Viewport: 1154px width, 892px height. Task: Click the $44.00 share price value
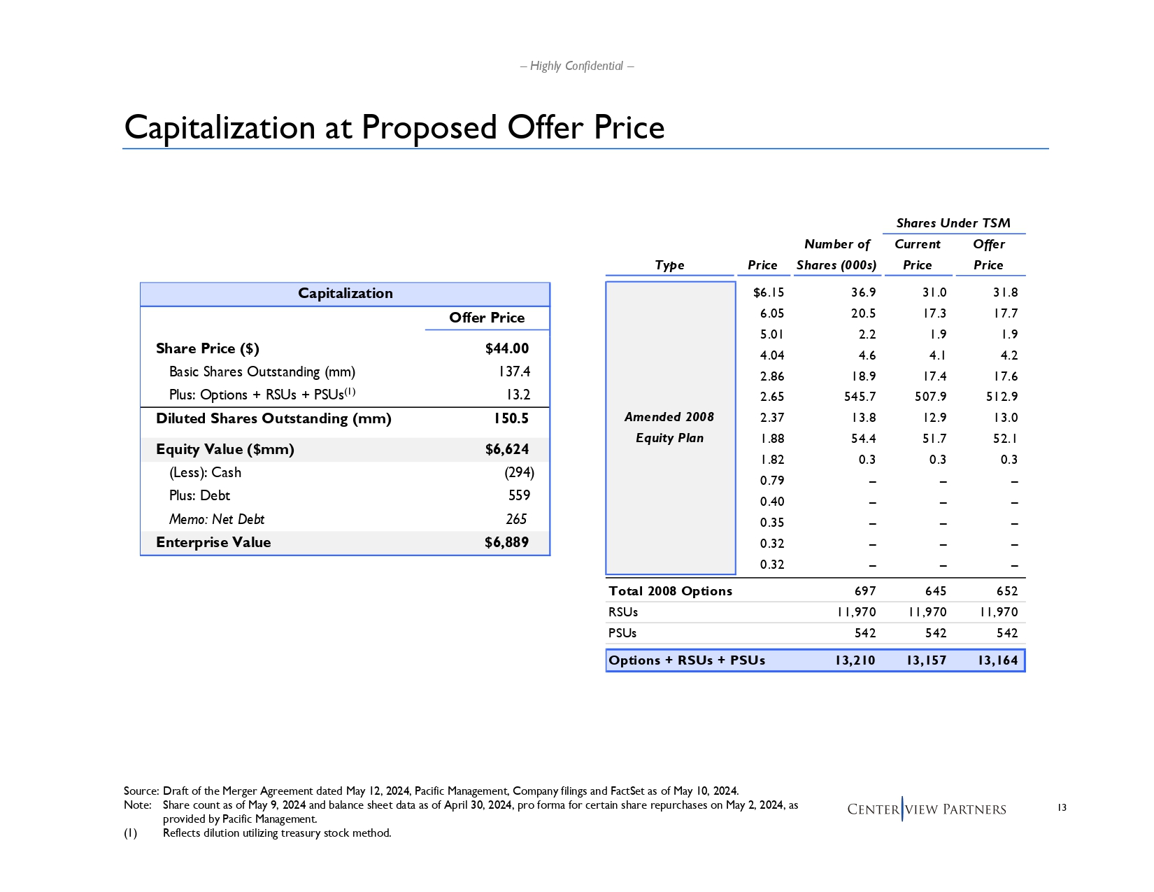(506, 348)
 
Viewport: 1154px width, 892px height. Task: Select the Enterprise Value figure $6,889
(506, 542)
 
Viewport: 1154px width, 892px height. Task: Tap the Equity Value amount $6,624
(506, 449)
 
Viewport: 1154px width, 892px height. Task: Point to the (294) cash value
(519, 472)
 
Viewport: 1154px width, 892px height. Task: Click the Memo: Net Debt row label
(217, 519)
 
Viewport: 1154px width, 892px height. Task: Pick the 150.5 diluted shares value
(511, 418)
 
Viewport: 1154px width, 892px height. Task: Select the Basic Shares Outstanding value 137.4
(514, 371)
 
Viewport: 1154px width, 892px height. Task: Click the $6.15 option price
(768, 292)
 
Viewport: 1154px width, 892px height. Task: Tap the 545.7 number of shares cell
(860, 397)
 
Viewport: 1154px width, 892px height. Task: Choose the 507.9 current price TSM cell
(930, 397)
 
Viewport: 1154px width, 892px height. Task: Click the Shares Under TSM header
(953, 223)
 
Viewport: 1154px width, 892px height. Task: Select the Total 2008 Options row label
(670, 591)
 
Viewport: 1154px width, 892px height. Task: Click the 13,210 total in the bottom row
(855, 660)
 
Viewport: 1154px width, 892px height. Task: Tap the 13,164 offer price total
(997, 660)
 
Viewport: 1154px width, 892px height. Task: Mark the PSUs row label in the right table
(622, 633)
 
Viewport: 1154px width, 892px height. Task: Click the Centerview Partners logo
(926, 809)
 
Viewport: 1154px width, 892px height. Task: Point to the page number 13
(1062, 808)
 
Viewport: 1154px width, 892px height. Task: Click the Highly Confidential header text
(576, 66)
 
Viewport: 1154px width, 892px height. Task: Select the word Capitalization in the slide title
(220, 127)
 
